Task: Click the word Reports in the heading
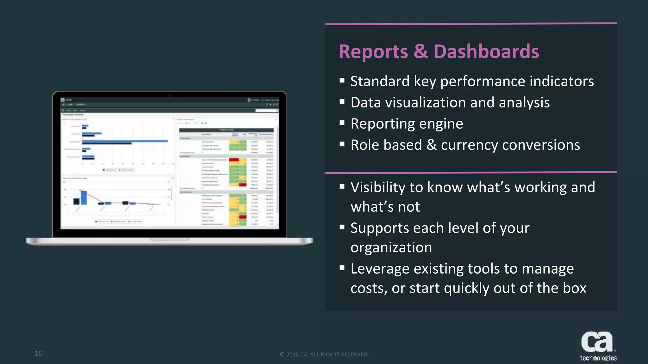373,52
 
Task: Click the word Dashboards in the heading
486,52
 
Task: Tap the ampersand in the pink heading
421,52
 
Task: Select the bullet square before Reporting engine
342,123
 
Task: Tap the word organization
391,247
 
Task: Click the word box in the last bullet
575,288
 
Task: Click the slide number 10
38,353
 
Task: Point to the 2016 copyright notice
324,355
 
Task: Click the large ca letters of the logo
596,342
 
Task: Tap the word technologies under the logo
598,358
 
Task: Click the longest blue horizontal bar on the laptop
125,141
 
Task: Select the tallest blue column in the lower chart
84,197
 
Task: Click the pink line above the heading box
471,24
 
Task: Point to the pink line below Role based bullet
471,173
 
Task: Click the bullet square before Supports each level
342,227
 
